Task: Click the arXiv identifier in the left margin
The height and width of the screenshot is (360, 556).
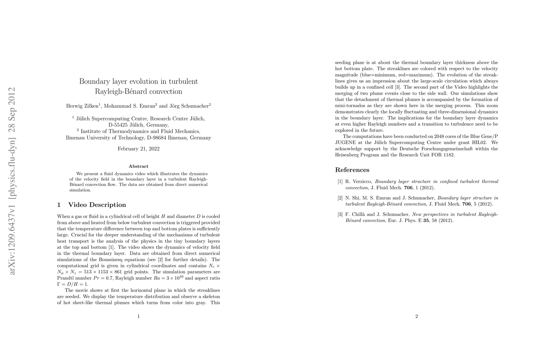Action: pyautogui.click(x=13, y=181)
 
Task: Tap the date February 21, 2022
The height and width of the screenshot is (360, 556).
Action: pyautogui.click(x=138, y=149)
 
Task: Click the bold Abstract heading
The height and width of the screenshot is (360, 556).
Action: pyautogui.click(x=138, y=166)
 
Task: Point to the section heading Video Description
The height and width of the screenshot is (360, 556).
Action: pyautogui.click(x=97, y=205)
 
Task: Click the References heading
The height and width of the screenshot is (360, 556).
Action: pyautogui.click(x=352, y=170)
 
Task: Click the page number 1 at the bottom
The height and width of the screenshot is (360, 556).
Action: pyautogui.click(x=138, y=316)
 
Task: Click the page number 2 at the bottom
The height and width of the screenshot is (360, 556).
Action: pyautogui.click(x=417, y=316)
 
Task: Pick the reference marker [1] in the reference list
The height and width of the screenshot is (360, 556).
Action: pyautogui.click(x=340, y=181)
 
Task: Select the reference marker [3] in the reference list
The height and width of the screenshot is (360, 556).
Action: pyautogui.click(x=340, y=214)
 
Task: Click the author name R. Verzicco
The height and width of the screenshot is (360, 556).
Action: pyautogui.click(x=358, y=181)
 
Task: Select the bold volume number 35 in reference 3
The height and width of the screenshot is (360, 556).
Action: pyautogui.click(x=426, y=220)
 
